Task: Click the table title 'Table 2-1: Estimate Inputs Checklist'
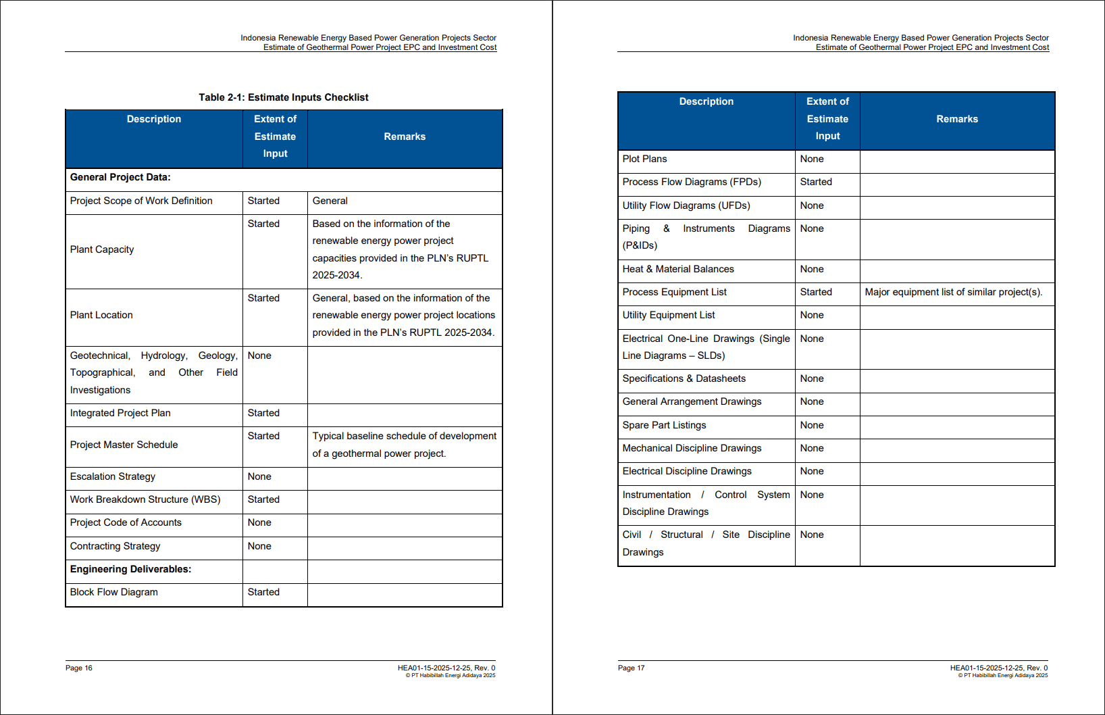283,97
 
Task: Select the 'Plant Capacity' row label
102,249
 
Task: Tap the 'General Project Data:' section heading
120,177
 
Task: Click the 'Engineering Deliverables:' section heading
130,569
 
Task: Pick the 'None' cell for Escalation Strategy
259,476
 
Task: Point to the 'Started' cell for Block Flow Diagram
263,592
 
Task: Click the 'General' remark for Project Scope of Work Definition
330,201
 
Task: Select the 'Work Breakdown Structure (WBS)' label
145,499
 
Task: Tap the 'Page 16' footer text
79,668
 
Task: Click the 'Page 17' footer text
631,668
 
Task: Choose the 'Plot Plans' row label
644,159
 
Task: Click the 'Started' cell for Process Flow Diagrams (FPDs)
816,182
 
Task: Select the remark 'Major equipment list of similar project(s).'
953,292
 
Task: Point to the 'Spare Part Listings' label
664,425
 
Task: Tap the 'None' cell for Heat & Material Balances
812,269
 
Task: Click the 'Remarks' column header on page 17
956,119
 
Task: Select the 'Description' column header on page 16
154,119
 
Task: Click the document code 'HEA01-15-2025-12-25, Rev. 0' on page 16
446,668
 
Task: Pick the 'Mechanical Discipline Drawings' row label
692,448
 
